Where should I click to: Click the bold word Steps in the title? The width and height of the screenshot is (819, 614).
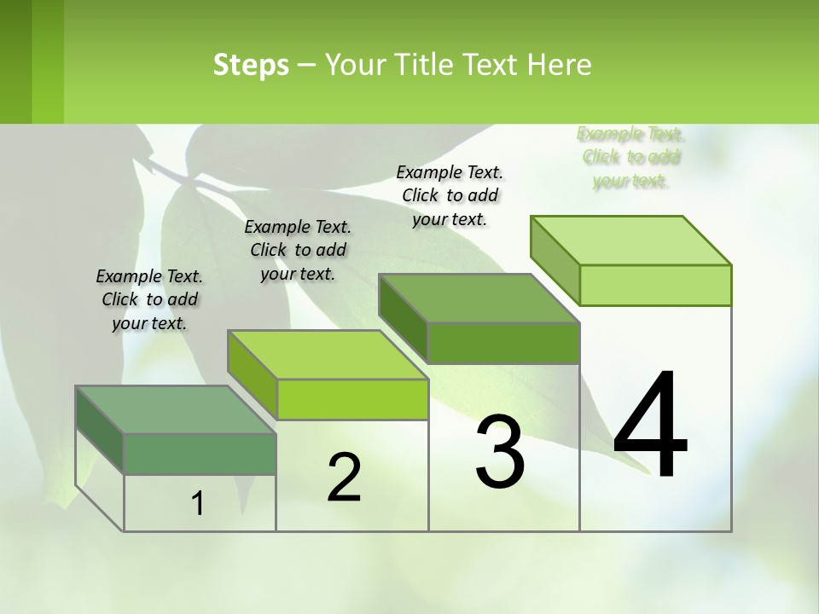point(250,65)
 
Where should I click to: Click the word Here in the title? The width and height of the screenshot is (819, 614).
point(560,65)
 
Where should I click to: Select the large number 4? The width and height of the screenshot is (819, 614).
point(650,426)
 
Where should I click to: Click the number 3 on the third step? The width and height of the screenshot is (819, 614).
point(500,452)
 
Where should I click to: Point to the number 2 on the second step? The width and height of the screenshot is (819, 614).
point(344,478)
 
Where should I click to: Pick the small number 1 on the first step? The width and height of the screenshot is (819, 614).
point(198,504)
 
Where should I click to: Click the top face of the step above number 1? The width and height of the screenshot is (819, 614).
point(175,409)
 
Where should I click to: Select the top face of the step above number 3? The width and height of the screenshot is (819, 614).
point(479,298)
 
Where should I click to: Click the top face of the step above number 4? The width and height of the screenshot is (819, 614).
point(630,240)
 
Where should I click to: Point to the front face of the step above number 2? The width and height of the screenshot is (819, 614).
point(352,399)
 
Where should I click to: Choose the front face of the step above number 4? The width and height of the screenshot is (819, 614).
point(655,285)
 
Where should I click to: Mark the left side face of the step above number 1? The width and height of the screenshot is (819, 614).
point(100,430)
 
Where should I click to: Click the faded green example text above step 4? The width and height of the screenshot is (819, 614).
point(630,157)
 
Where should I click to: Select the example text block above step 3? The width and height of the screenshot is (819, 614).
point(450,195)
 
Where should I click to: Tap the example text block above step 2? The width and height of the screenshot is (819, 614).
point(298,250)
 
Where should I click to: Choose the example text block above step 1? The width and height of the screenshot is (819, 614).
point(149,299)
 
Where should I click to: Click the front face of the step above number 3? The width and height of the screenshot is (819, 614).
point(503,343)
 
